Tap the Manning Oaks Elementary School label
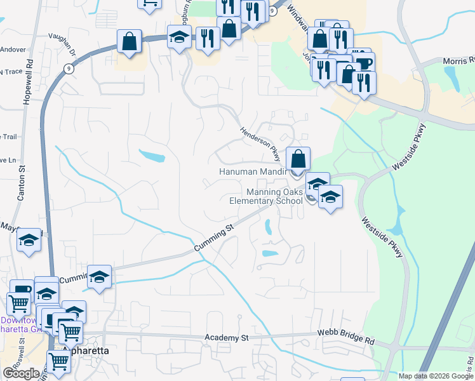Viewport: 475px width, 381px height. click(266, 197)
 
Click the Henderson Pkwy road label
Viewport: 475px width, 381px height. click(260, 142)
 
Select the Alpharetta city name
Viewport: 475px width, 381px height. click(85, 351)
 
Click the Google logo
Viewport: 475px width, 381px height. click(20, 373)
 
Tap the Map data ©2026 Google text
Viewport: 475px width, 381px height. click(435, 376)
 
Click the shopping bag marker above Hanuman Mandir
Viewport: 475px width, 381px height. click(298, 158)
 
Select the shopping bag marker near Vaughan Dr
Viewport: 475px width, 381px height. click(130, 42)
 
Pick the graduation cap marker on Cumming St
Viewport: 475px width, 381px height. click(99, 277)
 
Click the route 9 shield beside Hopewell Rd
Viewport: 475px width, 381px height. click(67, 67)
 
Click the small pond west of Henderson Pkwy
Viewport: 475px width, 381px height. click(152, 156)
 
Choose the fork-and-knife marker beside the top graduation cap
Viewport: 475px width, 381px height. click(208, 38)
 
